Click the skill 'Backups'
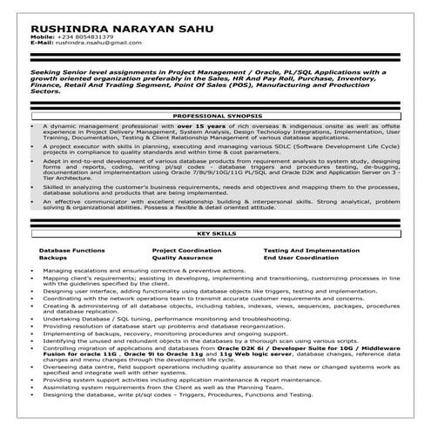53,259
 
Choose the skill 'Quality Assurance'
182,259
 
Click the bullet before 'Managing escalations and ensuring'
33,272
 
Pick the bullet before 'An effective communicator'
33,200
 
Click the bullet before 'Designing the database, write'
33,421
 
